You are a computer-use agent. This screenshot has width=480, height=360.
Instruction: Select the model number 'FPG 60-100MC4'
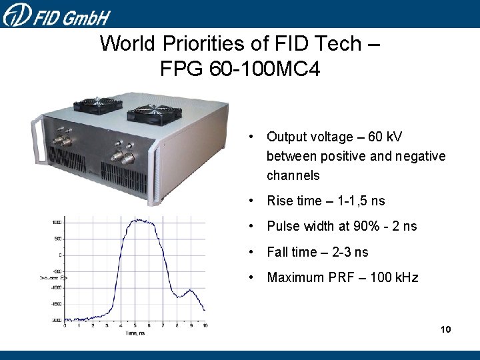point(240,69)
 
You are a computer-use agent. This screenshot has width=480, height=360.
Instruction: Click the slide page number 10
point(445,330)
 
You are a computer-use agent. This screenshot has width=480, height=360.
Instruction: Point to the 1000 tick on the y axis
point(58,222)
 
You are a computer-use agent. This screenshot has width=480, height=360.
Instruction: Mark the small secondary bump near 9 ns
point(191,291)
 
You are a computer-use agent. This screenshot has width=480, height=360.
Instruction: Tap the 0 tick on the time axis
point(65,325)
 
